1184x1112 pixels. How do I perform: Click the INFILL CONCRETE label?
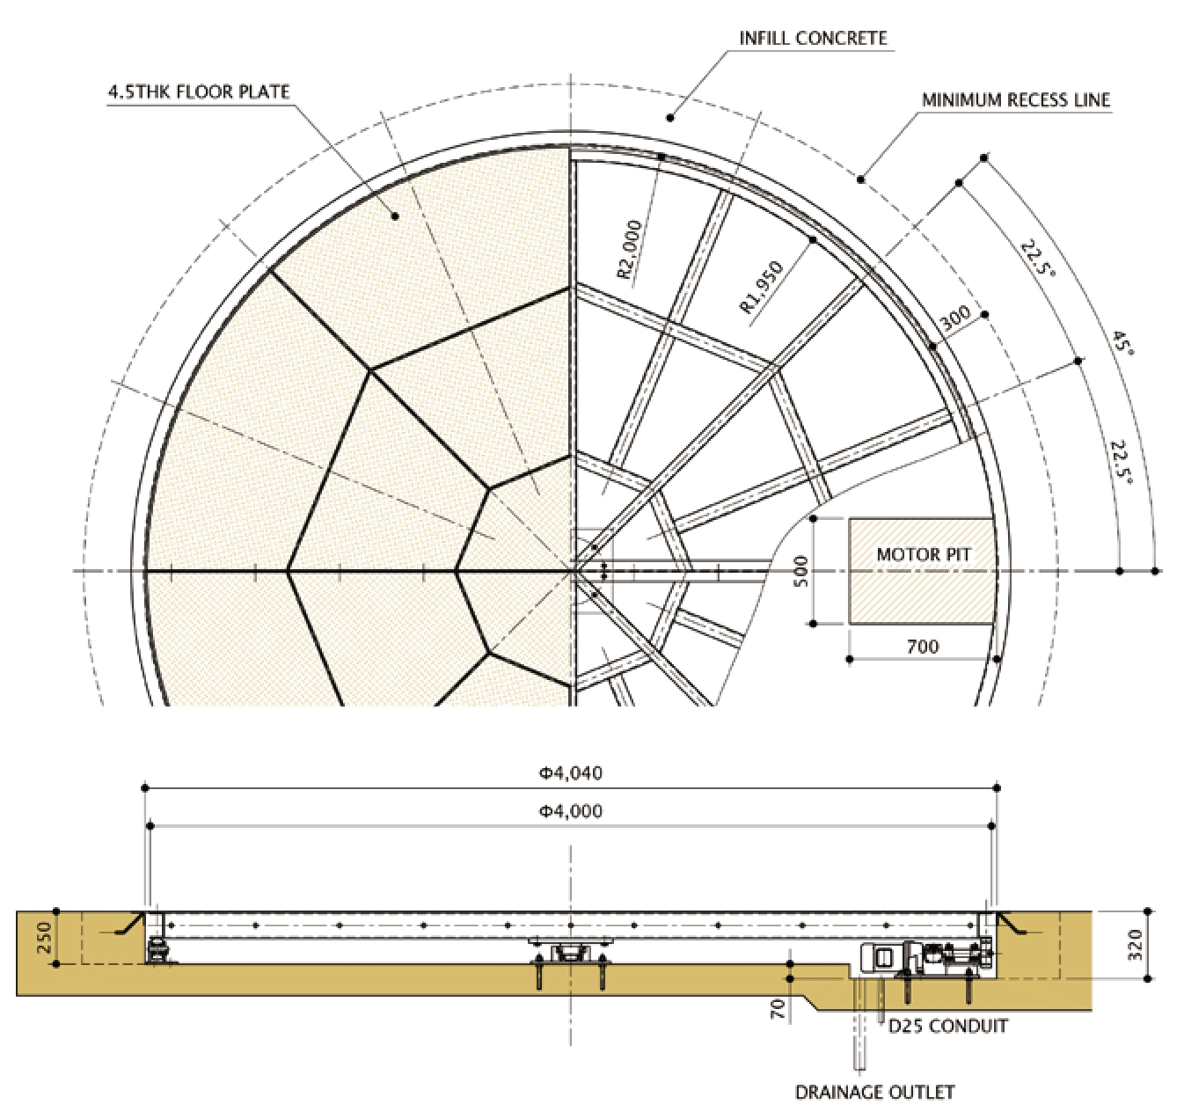pos(813,38)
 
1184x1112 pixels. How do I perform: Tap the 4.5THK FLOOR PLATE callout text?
pos(199,91)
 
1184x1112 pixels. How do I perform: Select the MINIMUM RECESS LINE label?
pos(1016,100)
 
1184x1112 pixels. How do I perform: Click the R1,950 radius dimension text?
pos(761,287)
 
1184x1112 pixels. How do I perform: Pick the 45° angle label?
pos(1123,343)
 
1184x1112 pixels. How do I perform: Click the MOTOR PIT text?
pos(924,554)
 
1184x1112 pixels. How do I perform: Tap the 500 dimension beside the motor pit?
pos(801,571)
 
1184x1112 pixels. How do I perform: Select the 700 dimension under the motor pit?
pos(922,646)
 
